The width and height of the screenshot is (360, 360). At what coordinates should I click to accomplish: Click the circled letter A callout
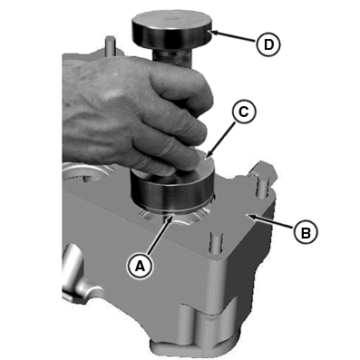pos(140,267)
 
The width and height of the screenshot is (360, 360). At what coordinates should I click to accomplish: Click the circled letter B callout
pos(306,233)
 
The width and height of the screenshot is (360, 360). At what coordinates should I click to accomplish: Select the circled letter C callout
pos(244,112)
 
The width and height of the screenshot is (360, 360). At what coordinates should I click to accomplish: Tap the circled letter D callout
pos(268,44)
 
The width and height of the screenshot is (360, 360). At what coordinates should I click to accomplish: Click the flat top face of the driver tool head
pos(170,22)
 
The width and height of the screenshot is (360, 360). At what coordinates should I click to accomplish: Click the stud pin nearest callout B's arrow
pos(262,186)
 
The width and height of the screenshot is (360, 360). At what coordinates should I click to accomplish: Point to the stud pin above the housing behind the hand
pos(110,46)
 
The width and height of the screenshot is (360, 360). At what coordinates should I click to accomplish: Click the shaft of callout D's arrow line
pos(235,37)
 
